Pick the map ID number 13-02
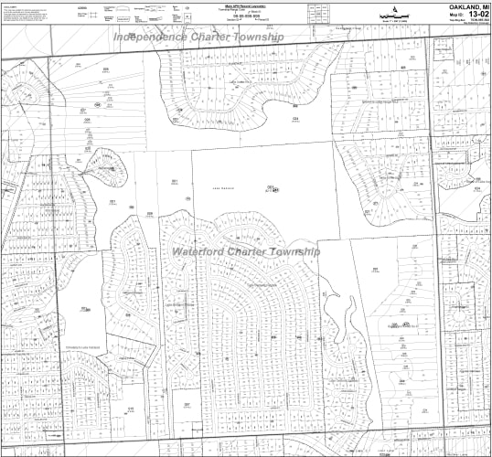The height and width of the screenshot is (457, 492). pos(476,15)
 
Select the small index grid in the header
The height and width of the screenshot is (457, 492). pos(323,12)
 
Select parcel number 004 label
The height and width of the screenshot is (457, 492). pos(295,118)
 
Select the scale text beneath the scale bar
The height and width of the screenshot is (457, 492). pos(393,24)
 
